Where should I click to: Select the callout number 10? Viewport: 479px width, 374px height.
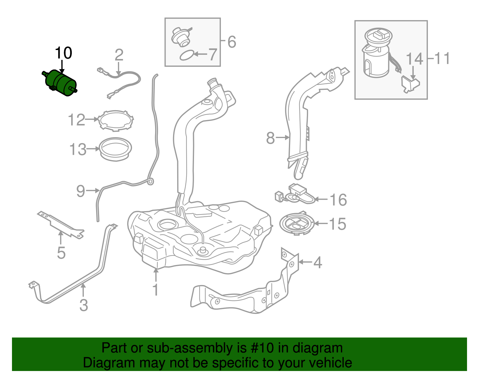pyautogui.click(x=63, y=53)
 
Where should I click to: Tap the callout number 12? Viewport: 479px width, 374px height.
pyautogui.click(x=77, y=120)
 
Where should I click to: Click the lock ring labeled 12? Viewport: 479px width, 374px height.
pyautogui.click(x=116, y=121)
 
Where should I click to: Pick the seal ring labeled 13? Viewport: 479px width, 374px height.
pyautogui.click(x=115, y=149)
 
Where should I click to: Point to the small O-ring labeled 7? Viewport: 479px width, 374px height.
pyautogui.click(x=187, y=55)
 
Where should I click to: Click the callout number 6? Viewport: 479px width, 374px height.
pyautogui.click(x=232, y=42)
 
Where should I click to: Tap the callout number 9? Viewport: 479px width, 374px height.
pyautogui.click(x=81, y=191)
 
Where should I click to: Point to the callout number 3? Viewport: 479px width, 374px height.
pyautogui.click(x=84, y=305)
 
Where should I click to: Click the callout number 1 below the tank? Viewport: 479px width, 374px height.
pyautogui.click(x=155, y=290)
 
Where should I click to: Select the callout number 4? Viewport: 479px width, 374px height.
pyautogui.click(x=318, y=262)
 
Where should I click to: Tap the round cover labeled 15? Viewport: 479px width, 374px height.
pyautogui.click(x=296, y=224)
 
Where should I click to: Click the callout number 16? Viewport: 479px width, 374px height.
pyautogui.click(x=338, y=200)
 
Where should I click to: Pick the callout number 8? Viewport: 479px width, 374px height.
pyautogui.click(x=270, y=138)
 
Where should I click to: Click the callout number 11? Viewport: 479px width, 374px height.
pyautogui.click(x=442, y=58)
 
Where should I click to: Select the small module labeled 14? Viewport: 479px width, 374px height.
pyautogui.click(x=410, y=84)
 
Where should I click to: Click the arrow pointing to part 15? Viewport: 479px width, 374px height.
pyautogui.click(x=321, y=223)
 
